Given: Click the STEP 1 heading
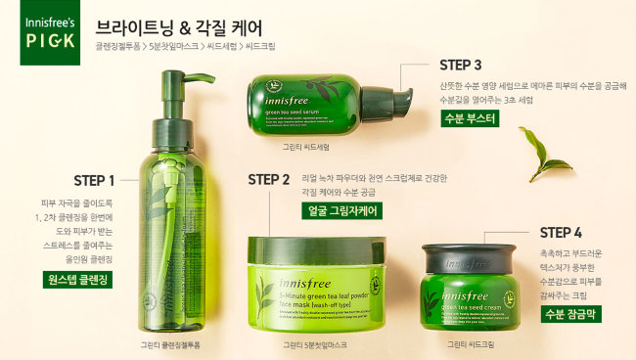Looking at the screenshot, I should coord(95,180).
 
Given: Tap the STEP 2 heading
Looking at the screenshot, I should coord(269,179).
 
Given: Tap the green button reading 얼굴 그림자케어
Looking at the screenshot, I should coord(341,210).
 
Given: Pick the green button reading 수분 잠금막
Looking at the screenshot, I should coord(571,314).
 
